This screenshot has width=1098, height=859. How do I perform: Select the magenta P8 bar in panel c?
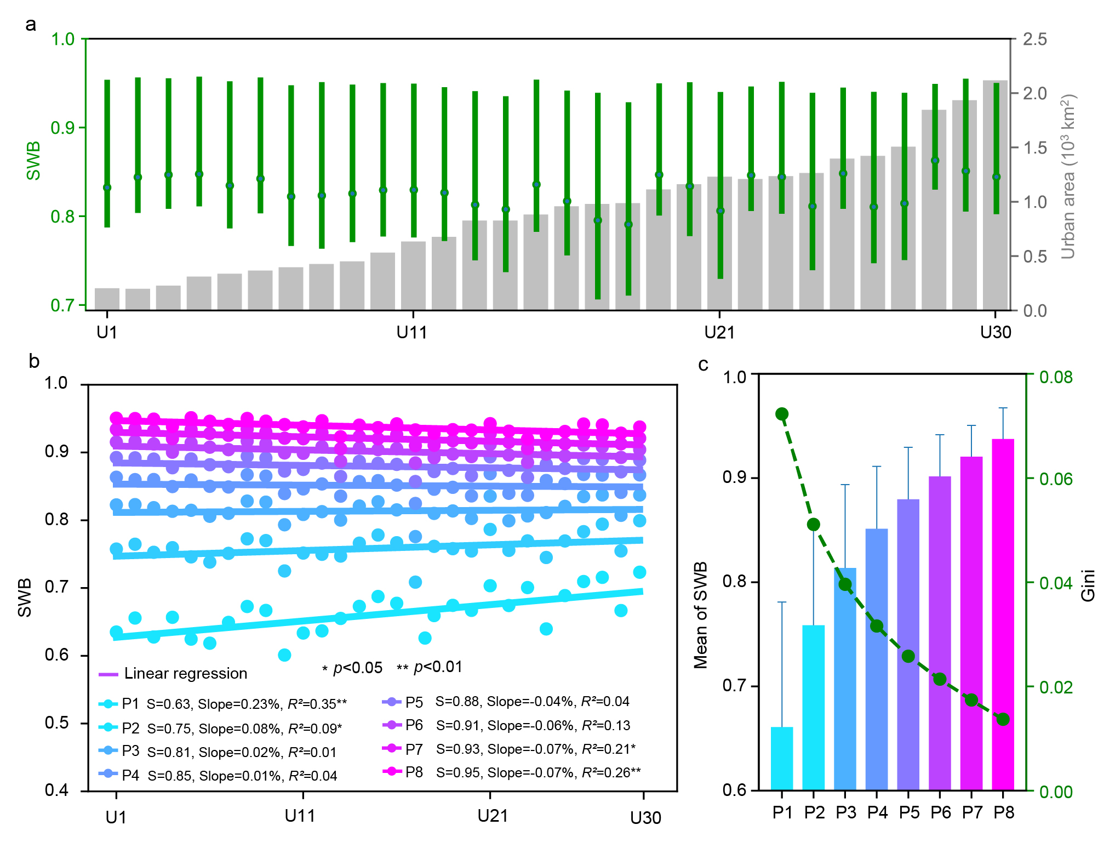coord(1003,614)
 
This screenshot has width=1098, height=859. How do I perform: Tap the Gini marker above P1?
coord(782,414)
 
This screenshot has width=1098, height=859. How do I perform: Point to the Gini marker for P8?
coord(1003,719)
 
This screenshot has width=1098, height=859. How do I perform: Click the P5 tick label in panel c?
coord(909,812)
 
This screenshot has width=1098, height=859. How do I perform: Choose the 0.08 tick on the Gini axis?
coord(1056,377)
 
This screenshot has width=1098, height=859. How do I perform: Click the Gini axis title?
coord(1087,585)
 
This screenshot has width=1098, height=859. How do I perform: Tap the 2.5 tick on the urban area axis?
coord(1035,39)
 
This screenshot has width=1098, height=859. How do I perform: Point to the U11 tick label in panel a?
coord(412,332)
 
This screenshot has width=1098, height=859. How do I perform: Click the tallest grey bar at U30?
coord(995,195)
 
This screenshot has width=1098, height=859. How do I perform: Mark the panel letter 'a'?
coord(31,24)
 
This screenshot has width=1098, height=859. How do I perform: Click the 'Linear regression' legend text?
coord(186,673)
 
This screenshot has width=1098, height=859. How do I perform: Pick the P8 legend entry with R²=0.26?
coord(512,772)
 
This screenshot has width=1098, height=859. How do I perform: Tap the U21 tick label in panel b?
coord(493,816)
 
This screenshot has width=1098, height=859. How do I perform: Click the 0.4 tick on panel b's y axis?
coord(56,790)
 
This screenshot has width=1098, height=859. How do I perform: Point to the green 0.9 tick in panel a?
coord(62,128)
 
